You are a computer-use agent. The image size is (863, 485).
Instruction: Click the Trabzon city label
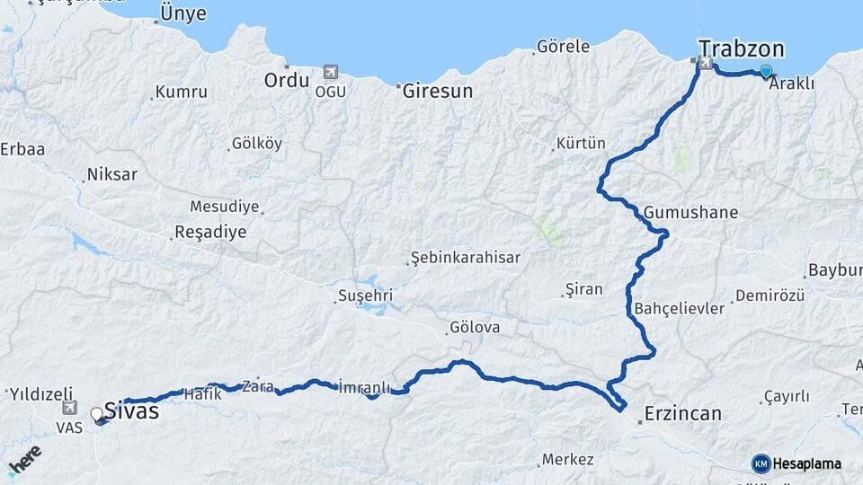click(742, 48)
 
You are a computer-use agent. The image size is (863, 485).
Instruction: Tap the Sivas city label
click(131, 411)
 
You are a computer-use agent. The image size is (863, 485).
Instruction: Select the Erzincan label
click(682, 414)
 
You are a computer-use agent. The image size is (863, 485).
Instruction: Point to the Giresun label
click(437, 91)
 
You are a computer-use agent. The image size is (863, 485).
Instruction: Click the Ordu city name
click(286, 80)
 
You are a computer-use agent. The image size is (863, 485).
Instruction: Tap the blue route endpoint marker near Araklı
click(765, 71)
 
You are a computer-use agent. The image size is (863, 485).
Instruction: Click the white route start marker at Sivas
click(96, 414)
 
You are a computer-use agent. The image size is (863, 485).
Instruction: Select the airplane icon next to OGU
click(330, 72)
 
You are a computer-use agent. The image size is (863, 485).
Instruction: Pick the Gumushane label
click(690, 213)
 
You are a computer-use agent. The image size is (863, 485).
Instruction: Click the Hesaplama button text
click(806, 463)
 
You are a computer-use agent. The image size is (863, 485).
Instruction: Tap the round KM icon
click(761, 463)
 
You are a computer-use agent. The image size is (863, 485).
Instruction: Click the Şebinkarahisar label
click(465, 258)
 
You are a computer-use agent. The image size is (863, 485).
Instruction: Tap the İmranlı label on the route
click(364, 387)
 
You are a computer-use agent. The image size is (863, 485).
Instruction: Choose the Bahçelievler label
click(679, 308)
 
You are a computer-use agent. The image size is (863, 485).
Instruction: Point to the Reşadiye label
click(209, 232)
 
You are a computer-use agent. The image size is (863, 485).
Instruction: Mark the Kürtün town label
click(581, 143)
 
